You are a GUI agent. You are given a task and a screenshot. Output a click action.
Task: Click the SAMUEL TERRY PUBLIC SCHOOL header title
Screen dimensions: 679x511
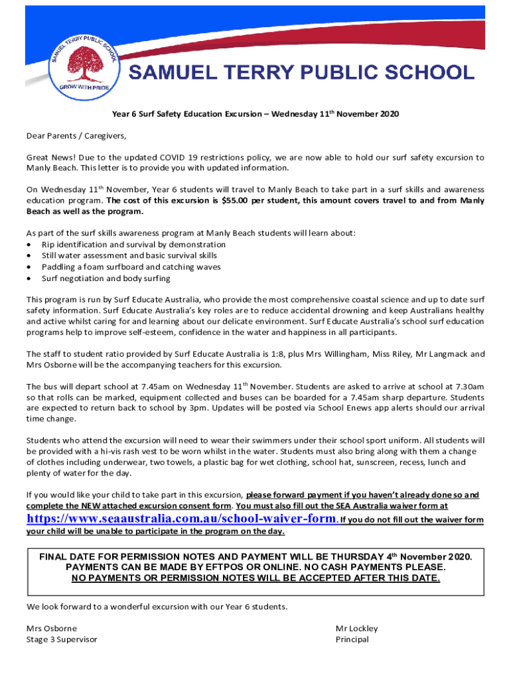coord(301,73)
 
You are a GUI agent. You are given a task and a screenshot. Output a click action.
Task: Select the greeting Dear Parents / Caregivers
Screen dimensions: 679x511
coord(76,136)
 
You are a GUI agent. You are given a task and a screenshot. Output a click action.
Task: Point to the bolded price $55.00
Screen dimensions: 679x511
coord(239,200)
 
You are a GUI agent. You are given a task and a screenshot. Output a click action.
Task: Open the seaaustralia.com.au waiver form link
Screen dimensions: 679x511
coord(182,519)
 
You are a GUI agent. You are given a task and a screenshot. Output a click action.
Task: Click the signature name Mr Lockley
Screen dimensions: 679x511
coord(356,628)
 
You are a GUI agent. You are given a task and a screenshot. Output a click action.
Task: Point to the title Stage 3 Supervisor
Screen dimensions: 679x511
coord(62,639)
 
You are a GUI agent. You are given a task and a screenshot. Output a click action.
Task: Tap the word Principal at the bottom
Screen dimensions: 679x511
coord(352,639)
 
